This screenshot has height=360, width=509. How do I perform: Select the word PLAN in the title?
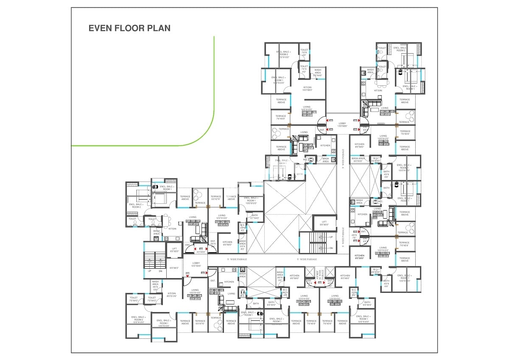tap(159, 28)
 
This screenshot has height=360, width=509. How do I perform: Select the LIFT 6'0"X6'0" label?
tap(174, 250)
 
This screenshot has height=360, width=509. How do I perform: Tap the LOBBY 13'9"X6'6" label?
tap(342, 125)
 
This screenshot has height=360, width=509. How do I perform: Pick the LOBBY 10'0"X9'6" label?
tap(196, 264)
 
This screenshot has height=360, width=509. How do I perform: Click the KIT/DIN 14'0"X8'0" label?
tap(307, 89)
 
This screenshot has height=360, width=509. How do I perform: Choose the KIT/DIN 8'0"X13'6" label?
tap(172, 295)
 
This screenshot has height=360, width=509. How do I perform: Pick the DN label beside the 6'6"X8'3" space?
tap(160, 271)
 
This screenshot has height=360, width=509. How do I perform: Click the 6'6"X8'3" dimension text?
tap(174, 268)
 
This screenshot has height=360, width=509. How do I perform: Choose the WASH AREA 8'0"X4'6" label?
tap(317, 73)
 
